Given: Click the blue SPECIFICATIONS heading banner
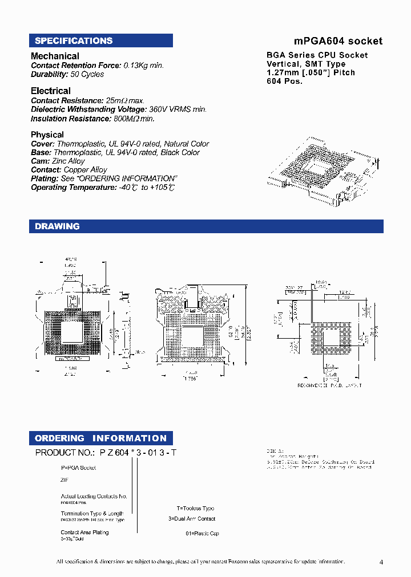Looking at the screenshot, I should (100, 40).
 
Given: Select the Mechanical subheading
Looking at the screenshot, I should (55, 56).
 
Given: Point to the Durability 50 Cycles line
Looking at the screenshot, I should (67, 74).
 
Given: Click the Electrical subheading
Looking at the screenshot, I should (51, 91).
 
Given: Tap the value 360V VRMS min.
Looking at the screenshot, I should (178, 109).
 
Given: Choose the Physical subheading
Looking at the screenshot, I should (47, 135).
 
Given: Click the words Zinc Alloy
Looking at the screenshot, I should (70, 161).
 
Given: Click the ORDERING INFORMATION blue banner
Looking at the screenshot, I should (100, 438).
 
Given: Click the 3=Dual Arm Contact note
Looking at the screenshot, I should (192, 519).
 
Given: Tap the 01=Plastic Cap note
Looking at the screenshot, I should (202, 534).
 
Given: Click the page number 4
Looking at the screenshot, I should (381, 562).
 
